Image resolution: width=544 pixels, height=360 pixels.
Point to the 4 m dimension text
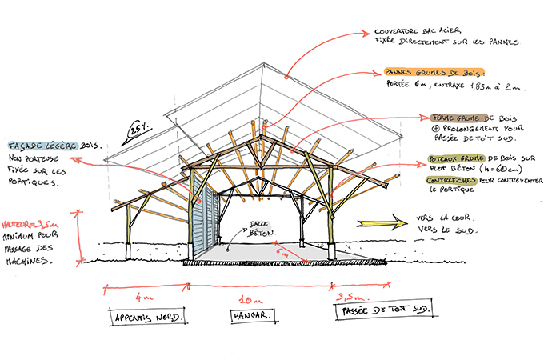(x=144, y=297)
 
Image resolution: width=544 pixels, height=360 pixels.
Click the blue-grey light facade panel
(x=206, y=218)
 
